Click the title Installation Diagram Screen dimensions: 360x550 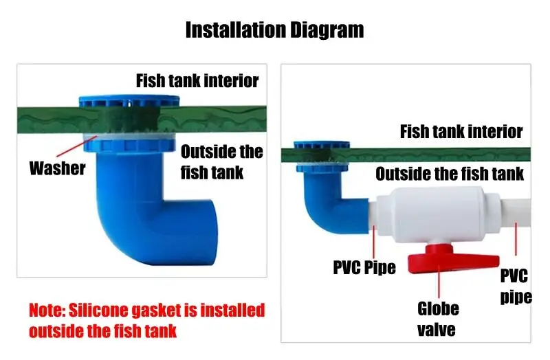(x=274, y=30)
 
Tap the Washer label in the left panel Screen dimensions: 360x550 (x=57, y=168)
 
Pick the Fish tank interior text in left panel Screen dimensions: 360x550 (x=197, y=80)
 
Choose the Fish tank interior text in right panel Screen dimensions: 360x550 (x=461, y=131)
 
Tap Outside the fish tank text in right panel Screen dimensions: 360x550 (x=450, y=174)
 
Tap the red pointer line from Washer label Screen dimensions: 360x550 (x=74, y=148)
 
